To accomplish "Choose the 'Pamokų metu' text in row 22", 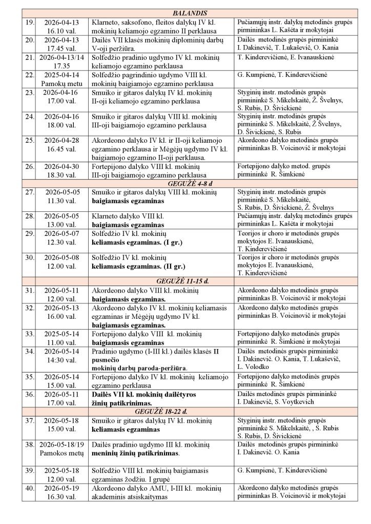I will pos(58,82).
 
